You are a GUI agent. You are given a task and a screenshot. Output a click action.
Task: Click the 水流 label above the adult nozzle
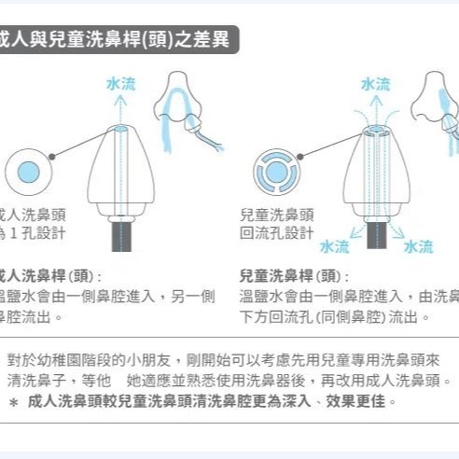pos(119,85)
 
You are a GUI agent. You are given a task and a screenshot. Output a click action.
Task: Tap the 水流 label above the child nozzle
pos(375,85)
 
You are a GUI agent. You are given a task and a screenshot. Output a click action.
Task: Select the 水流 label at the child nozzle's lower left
pos(334,246)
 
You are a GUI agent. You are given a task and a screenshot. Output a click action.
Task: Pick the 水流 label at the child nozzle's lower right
pos(418,246)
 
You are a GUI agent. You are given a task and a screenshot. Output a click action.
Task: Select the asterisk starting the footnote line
pos(13,402)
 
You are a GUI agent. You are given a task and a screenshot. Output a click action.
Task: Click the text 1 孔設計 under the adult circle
pos(34,232)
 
